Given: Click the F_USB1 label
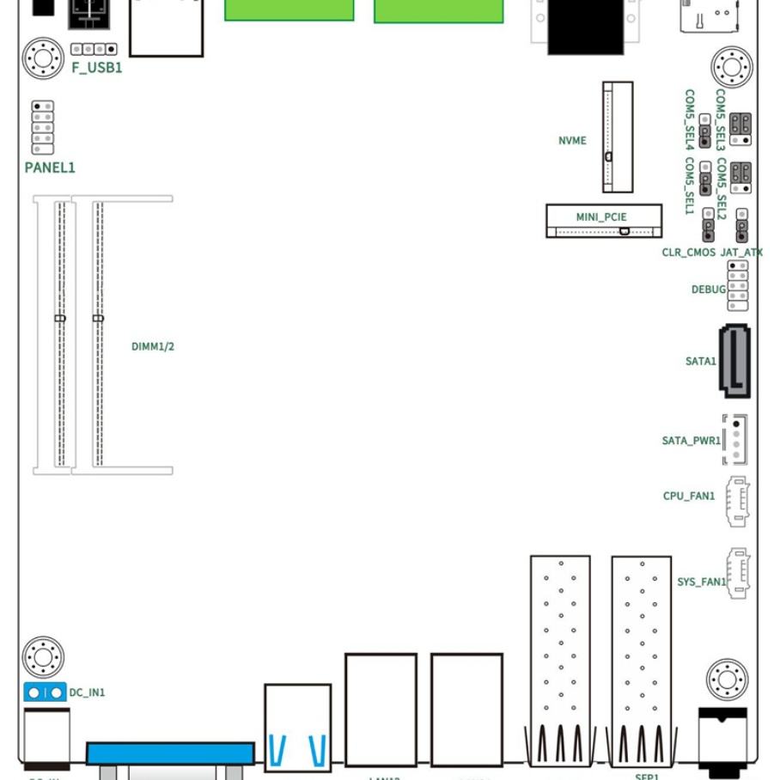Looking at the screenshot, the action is tap(96, 67).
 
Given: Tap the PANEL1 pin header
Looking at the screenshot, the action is tap(42, 127).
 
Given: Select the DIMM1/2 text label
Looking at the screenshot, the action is tap(153, 346).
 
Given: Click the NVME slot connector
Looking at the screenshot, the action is tap(617, 137).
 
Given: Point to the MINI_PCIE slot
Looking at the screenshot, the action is tap(604, 221).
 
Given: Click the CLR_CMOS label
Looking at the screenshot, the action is tap(688, 253).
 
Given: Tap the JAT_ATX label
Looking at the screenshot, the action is tap(741, 253).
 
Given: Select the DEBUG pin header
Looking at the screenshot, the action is tap(737, 285).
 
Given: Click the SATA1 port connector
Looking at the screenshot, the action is tap(734, 361).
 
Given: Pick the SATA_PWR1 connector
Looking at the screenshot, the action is tap(735, 439).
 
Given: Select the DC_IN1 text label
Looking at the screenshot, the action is tap(87, 692).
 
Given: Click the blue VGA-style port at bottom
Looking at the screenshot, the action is tap(170, 754).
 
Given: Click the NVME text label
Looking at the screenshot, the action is tap(572, 140).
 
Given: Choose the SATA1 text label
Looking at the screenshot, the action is tap(700, 362).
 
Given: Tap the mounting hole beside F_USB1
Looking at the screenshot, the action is tap(43, 58).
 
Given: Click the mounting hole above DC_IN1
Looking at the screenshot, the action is tap(43, 657).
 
